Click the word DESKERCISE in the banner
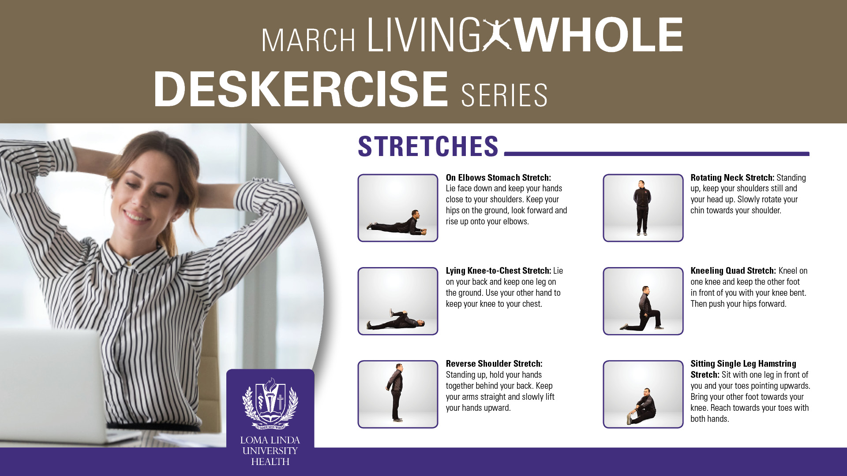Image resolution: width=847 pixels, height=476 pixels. (x=301, y=89)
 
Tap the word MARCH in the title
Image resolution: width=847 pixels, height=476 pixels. (x=309, y=41)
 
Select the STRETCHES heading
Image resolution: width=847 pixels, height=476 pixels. (x=428, y=146)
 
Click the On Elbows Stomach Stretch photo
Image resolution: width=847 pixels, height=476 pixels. (x=398, y=208)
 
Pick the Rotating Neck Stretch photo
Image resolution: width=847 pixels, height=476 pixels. (x=643, y=208)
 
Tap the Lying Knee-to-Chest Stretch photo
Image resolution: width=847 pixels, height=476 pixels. (x=398, y=301)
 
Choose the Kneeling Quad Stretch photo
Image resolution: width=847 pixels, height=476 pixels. (x=643, y=301)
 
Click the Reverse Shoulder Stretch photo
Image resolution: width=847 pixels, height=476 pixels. (x=398, y=394)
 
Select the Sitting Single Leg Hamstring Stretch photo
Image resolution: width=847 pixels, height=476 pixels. (x=643, y=394)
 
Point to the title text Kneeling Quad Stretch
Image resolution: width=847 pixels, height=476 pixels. (x=733, y=271)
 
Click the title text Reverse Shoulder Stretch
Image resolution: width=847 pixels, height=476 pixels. (x=494, y=364)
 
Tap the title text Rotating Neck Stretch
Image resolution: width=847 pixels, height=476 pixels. (x=732, y=178)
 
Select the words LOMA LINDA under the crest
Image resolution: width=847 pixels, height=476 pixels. (x=270, y=440)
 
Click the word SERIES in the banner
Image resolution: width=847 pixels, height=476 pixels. (x=504, y=95)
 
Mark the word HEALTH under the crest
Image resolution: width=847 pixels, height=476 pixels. (x=270, y=462)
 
